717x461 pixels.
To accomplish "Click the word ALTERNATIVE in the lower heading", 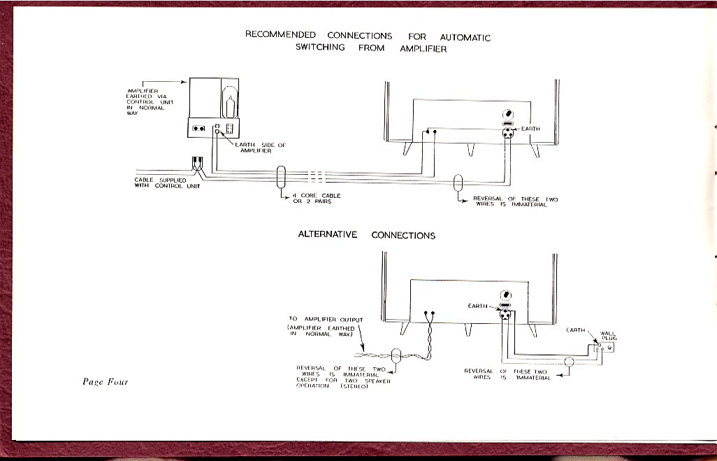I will pos(327,234).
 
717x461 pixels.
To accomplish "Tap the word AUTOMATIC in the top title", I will pos(465,37).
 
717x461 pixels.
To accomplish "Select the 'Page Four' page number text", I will pos(105,382).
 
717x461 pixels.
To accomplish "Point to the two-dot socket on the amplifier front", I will pos(199,128).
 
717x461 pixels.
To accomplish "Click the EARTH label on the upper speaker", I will pos(530,129).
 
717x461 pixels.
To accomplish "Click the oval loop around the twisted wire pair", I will pos(396,356).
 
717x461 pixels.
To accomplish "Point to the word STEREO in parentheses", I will pos(354,386).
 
